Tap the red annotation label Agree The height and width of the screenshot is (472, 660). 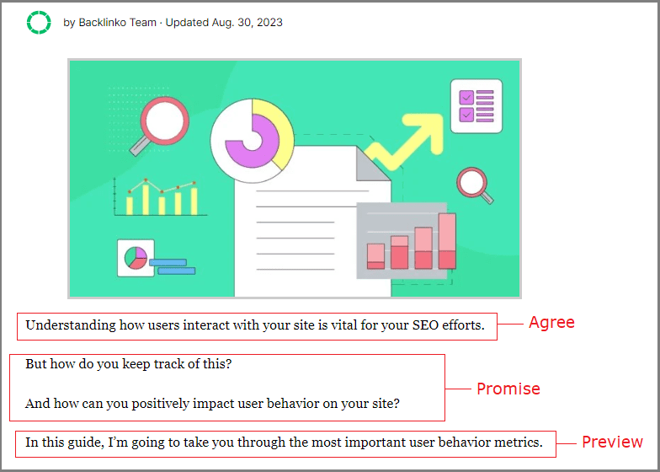click(551, 322)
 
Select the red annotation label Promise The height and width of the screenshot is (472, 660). click(508, 389)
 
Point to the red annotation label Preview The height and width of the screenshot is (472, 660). click(613, 442)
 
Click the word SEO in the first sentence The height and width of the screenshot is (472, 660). click(426, 325)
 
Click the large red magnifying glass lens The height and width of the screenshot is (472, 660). click(165, 121)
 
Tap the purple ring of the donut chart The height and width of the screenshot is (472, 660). click(253, 141)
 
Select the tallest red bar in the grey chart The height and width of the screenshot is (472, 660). click(447, 241)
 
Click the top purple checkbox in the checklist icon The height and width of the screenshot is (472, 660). click(466, 98)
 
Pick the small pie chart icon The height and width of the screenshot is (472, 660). click(136, 258)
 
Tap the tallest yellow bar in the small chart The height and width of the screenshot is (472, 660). click(146, 199)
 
